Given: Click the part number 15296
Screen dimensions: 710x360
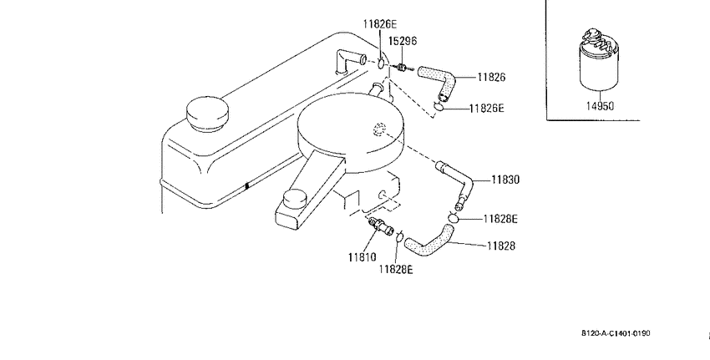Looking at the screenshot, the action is [x=403, y=41].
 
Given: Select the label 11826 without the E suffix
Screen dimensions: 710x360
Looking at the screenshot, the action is [x=491, y=78].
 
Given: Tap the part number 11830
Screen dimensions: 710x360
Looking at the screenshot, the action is [x=505, y=180].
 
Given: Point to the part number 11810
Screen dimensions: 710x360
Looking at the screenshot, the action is [x=363, y=257].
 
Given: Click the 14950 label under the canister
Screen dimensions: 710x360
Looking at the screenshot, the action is [x=600, y=106].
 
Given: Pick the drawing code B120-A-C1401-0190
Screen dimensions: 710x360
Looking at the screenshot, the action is [x=616, y=333].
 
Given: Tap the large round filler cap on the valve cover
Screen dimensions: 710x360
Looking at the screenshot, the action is [x=207, y=114].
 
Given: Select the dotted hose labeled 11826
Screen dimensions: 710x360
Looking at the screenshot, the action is [x=437, y=82].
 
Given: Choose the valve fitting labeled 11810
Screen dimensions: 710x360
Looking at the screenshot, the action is [x=380, y=226].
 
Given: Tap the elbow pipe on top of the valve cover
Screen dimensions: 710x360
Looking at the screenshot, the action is [x=347, y=61].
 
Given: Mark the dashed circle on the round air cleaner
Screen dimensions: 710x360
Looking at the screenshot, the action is [x=379, y=129].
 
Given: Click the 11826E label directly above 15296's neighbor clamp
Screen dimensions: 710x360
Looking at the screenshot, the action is [x=379, y=24].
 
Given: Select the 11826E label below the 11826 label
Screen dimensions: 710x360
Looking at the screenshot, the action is [x=486, y=109].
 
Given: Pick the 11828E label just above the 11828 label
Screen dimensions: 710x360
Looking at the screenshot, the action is [x=500, y=219].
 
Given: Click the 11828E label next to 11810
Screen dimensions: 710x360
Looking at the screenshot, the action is [x=396, y=270].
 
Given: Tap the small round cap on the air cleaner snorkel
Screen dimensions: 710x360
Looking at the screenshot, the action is [x=294, y=199].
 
